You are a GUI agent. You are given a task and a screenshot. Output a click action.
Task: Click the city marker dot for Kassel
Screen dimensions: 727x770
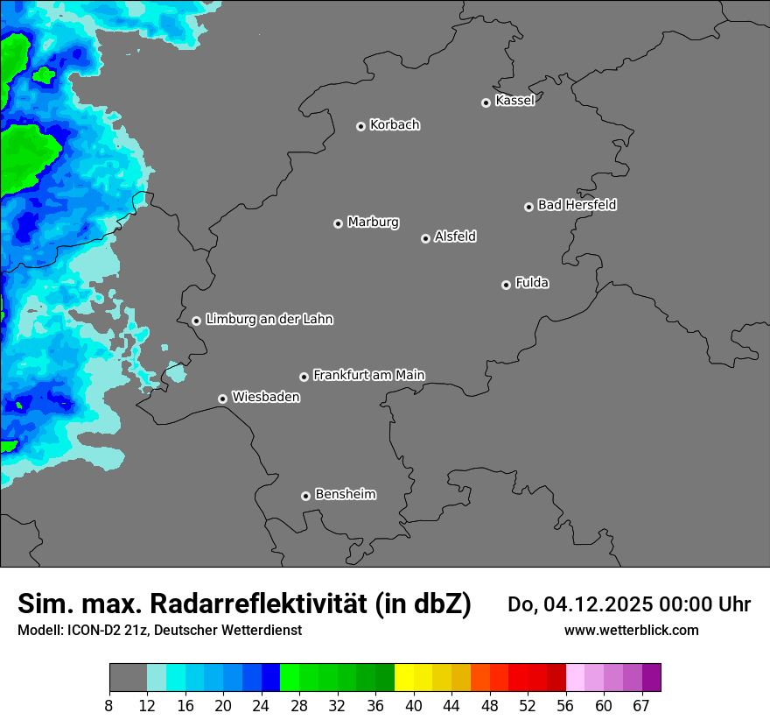coord(486,102)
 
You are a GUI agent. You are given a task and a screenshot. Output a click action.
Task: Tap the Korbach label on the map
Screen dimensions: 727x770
coord(395,124)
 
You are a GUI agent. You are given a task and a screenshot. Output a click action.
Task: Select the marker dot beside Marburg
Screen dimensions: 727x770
coord(338,223)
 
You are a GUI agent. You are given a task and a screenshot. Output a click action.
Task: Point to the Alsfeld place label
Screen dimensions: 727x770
coord(455,236)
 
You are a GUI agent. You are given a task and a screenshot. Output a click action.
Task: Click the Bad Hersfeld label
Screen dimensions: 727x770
coord(577,205)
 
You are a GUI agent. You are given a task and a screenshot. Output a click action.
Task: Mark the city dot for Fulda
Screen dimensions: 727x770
coord(506,285)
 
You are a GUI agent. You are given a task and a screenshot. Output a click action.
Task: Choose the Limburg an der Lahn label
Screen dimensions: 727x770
coord(269,320)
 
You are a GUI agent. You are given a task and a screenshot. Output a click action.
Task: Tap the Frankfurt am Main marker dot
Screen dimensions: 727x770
coord(304,377)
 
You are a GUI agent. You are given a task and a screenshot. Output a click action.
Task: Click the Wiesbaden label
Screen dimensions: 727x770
coord(265,397)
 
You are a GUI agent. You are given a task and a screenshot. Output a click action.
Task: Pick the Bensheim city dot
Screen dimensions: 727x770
coord(305,496)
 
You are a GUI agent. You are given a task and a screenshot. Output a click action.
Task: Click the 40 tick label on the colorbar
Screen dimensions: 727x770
coord(413,706)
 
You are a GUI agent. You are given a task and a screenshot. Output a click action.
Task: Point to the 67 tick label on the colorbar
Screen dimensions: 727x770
coord(641,706)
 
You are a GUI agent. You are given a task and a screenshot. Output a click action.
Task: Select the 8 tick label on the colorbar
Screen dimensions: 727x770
coord(109,706)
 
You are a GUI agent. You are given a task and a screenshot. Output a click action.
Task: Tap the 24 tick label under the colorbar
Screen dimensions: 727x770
coord(262,706)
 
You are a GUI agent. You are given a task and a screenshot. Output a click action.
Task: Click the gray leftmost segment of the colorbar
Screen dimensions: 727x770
coord(128,678)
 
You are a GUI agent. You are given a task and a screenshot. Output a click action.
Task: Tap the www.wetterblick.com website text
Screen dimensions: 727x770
coord(631,630)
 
